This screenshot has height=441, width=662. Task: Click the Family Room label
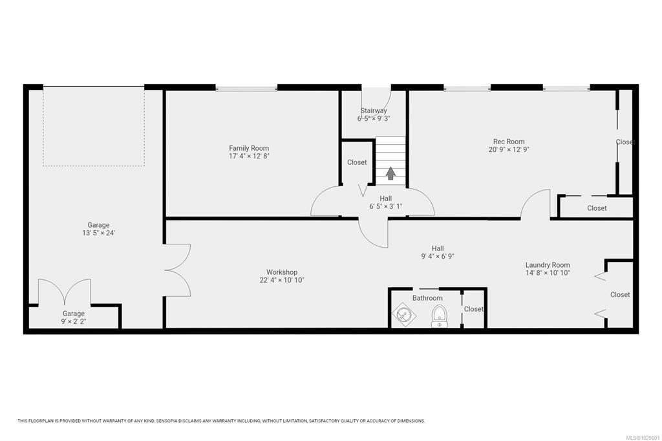coord(249,148)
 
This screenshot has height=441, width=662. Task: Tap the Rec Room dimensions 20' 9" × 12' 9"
coord(509,149)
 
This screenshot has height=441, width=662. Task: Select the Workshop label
coord(282,272)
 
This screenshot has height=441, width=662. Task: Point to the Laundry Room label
coord(548,265)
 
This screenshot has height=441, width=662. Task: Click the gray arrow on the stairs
coord(390,173)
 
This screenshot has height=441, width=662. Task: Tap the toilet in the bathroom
coord(440,316)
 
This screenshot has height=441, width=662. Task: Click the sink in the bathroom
coord(404,315)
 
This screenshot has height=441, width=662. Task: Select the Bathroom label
coord(427,298)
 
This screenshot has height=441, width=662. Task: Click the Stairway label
coord(374,111)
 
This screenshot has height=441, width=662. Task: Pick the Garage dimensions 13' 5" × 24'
coord(98,233)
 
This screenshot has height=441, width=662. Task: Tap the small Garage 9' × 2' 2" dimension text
coord(74,321)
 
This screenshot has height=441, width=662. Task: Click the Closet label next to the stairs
coord(357,162)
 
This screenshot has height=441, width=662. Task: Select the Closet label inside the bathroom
coord(474,309)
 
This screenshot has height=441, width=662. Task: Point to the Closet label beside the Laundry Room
coord(620,294)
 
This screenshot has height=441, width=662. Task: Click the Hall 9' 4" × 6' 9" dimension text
coord(438,257)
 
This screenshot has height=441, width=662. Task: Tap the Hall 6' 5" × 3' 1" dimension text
coord(385,206)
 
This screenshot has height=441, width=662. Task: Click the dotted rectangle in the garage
coord(93,166)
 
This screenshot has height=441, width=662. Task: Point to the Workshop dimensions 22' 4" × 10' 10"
coord(282,280)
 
